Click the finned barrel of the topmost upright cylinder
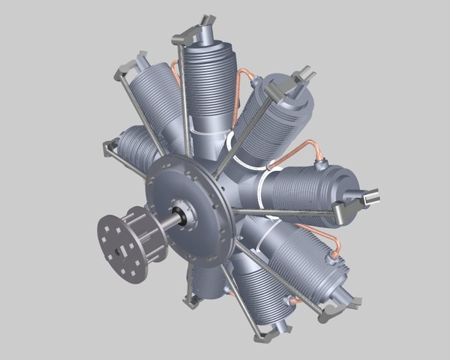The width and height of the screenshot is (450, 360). tap(208, 82)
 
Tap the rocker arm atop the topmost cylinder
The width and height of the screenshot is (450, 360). tap(196, 31)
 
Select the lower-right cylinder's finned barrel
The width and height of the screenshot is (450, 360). tap(300, 262)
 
